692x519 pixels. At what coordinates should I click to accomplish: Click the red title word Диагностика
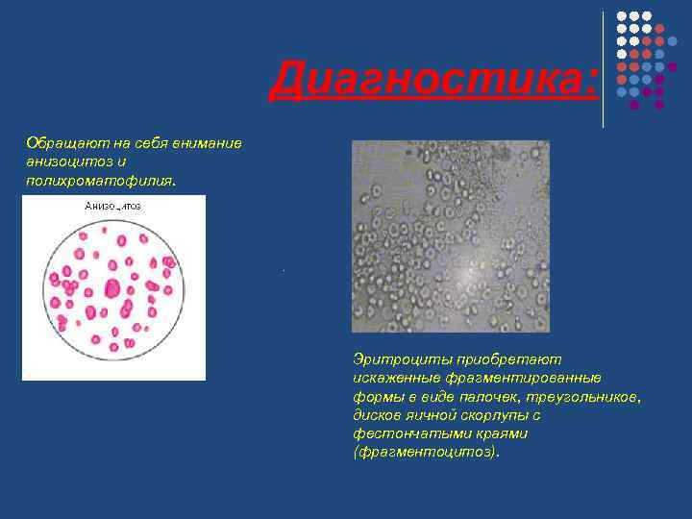point(432,80)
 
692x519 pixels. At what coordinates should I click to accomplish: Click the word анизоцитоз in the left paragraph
point(66,161)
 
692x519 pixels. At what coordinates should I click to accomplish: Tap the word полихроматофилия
point(100,179)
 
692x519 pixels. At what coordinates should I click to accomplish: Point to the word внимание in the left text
point(210,142)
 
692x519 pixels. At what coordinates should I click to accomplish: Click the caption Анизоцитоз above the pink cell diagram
point(112,206)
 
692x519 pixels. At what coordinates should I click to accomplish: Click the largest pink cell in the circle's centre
point(111,287)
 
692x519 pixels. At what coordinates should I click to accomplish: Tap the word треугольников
point(597,396)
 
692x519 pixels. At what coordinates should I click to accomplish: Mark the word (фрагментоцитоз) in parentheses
point(427,452)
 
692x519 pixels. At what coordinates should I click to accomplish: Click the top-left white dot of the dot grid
point(622,17)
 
